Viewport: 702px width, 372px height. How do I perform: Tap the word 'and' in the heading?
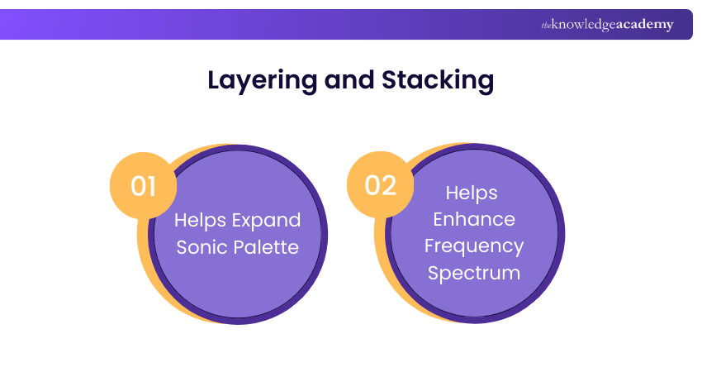[349, 80]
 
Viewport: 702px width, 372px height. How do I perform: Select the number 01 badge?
[144, 186]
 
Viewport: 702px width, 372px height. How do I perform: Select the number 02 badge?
[381, 186]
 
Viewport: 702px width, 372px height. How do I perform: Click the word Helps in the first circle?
[200, 221]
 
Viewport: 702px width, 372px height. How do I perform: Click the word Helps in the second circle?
[472, 193]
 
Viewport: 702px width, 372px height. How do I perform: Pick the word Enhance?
[473, 219]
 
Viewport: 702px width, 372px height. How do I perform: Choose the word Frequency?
[473, 246]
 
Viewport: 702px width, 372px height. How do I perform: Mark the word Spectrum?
[473, 273]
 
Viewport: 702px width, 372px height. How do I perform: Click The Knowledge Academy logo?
[607, 25]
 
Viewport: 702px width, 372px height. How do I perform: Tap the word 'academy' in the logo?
[645, 25]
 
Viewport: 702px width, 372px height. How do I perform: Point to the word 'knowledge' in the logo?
[584, 25]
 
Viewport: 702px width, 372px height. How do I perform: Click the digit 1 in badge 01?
[152, 186]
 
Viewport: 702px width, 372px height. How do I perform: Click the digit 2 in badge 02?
[391, 186]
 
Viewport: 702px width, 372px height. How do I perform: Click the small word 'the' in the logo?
[546, 26]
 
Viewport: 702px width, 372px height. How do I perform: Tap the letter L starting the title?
[214, 80]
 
